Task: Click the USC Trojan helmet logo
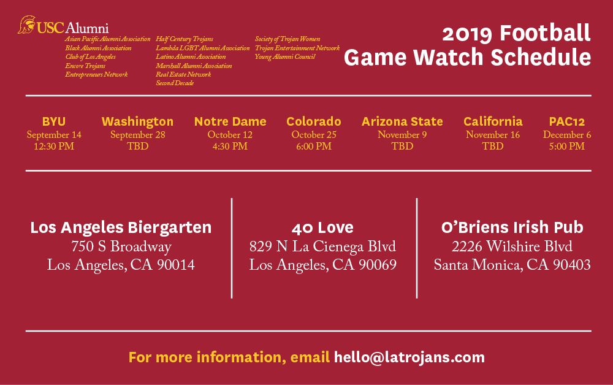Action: point(26,25)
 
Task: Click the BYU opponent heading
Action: point(54,121)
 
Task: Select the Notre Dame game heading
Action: point(230,121)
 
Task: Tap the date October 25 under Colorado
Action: point(314,135)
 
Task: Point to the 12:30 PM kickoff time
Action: point(54,147)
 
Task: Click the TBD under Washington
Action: point(137,147)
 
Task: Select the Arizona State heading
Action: point(402,121)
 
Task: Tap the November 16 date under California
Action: point(493,135)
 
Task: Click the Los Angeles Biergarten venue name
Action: point(121,228)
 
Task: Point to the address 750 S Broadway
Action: point(121,247)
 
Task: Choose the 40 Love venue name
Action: point(322,228)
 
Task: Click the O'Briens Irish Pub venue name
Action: point(512,228)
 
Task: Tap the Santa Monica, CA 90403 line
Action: point(512,265)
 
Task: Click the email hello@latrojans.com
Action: point(409,357)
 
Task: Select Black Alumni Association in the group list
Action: point(98,48)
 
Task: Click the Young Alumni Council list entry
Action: point(285,57)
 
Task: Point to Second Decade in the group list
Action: point(175,83)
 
